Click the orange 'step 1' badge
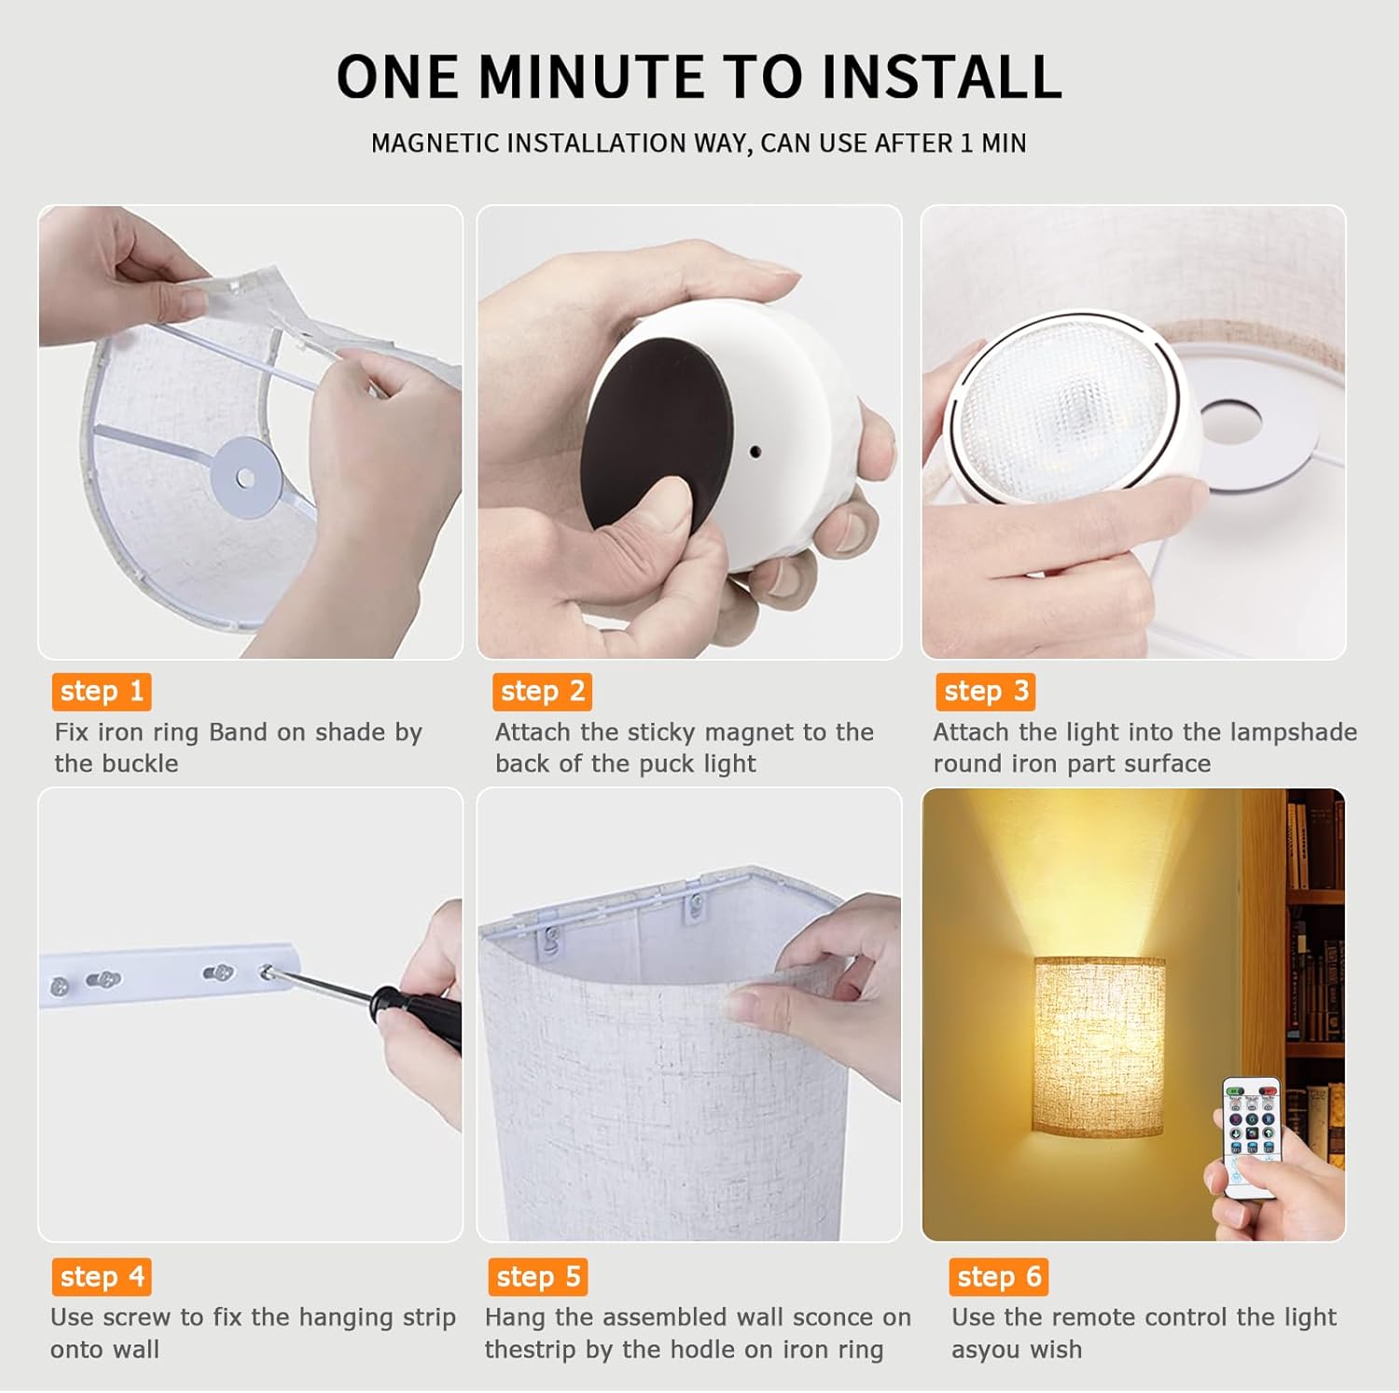click(102, 691)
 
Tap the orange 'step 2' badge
click(542, 691)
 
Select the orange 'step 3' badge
click(986, 691)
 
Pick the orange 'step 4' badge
click(102, 1276)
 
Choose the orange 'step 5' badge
click(538, 1276)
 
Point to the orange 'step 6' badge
click(999, 1276)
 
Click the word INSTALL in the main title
click(941, 77)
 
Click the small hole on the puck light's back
click(755, 452)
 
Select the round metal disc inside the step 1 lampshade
click(244, 477)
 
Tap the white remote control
click(1252, 1134)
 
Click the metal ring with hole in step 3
click(1231, 422)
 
